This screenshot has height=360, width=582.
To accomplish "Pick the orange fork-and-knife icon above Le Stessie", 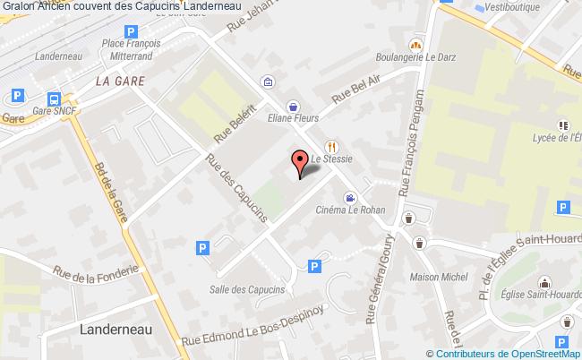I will [330, 146].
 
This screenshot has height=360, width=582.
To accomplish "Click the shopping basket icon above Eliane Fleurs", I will [294, 104].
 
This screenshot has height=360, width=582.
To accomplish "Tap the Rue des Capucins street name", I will [236, 189].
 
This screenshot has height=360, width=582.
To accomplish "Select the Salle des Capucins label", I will [247, 289].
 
